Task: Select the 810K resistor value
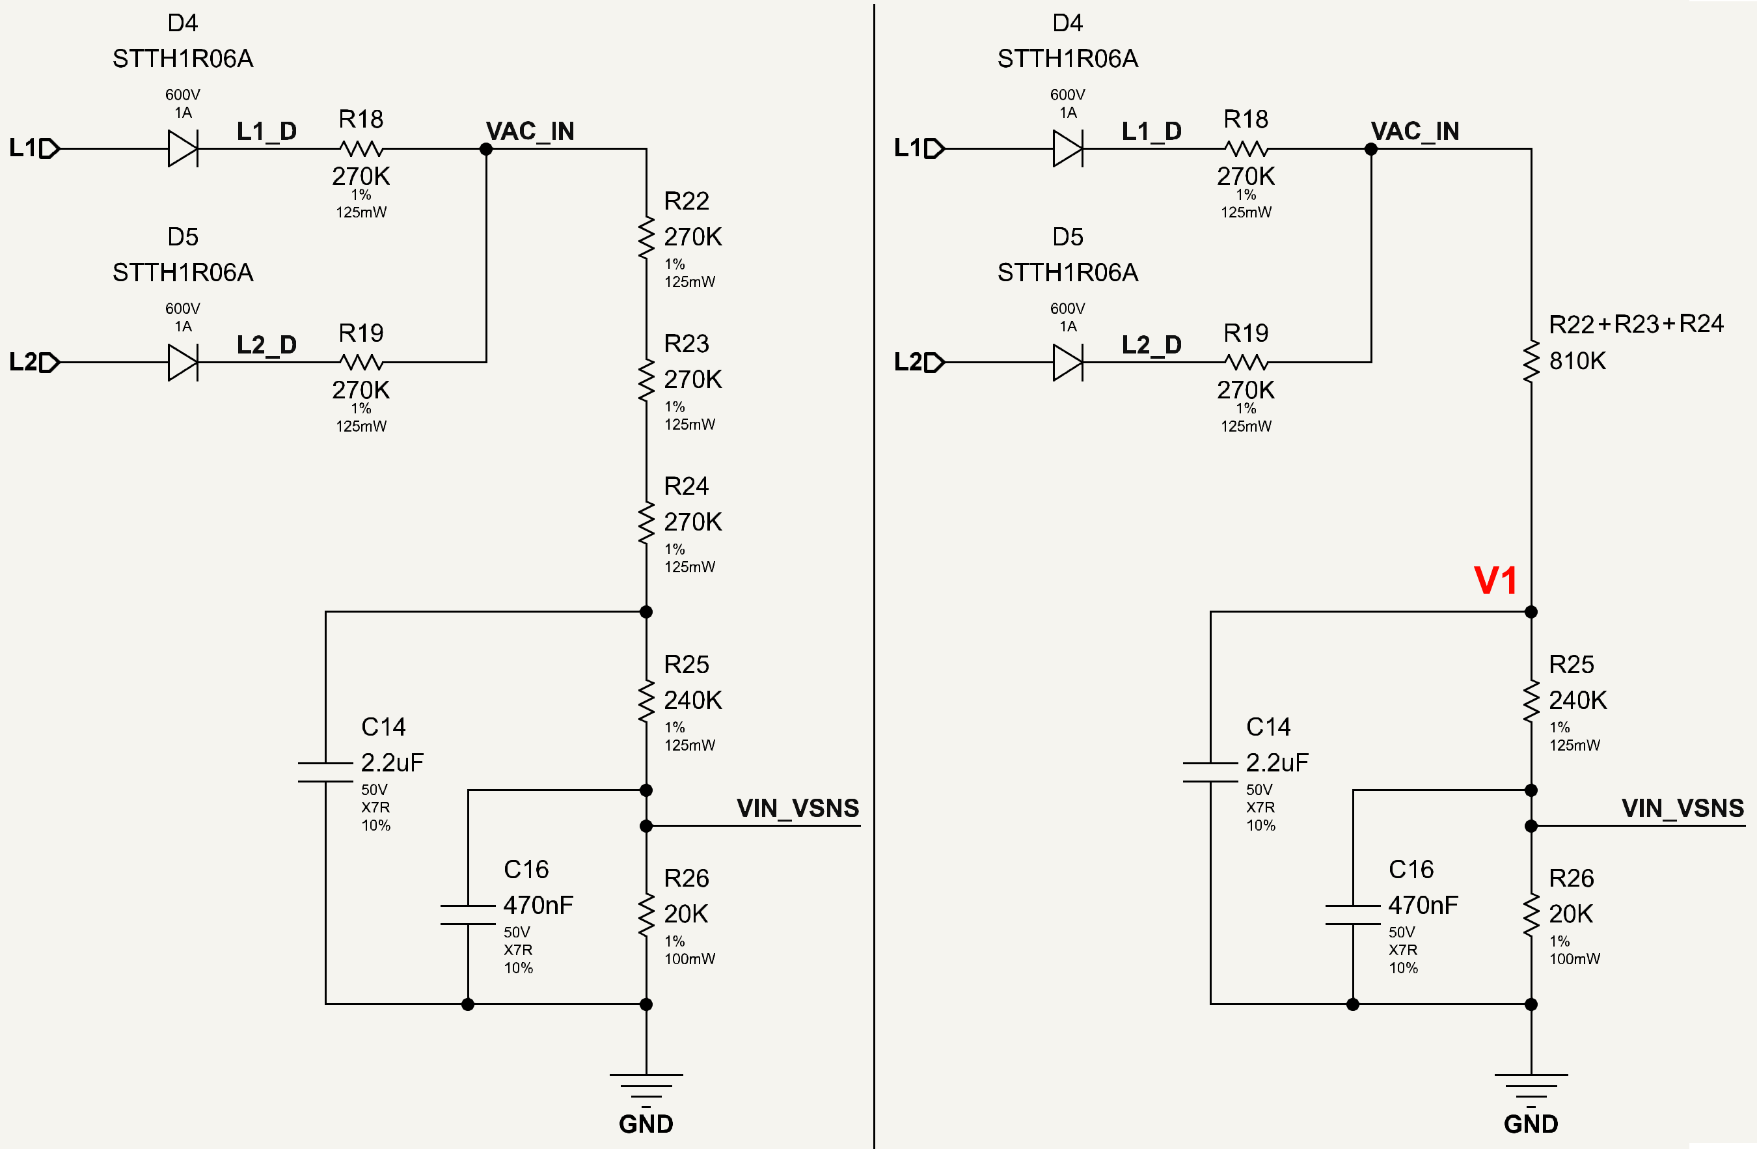click(1577, 361)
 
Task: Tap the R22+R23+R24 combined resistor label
click(1636, 324)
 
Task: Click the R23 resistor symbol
click(646, 380)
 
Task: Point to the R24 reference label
click(686, 485)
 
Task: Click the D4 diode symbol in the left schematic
click(183, 148)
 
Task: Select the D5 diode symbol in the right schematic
click(1069, 363)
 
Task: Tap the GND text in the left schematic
click(646, 1123)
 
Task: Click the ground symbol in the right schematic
click(1531, 1085)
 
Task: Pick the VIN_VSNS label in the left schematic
click(797, 808)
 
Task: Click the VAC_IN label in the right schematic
click(1415, 131)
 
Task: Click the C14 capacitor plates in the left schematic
click(325, 771)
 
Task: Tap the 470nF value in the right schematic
click(1423, 905)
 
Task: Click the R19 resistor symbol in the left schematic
click(361, 362)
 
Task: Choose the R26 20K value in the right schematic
click(1570, 913)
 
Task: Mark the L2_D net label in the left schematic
click(267, 345)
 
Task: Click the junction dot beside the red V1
click(1531, 611)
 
